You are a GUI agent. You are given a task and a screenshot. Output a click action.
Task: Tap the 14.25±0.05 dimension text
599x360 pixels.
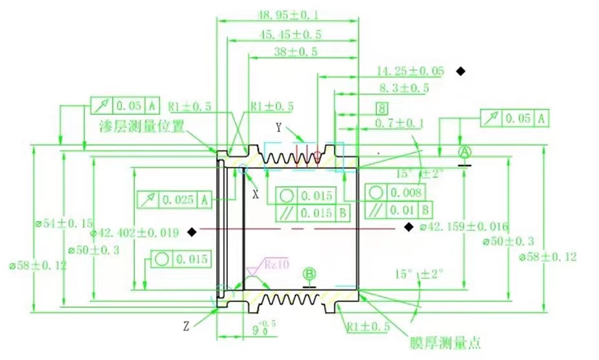coord(411,71)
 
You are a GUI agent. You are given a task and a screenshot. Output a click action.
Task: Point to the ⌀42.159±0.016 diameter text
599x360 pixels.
coord(463,227)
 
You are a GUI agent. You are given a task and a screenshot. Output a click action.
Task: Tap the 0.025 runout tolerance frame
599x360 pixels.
coord(174,200)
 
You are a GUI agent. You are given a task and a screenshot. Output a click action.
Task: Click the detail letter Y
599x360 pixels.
coord(279,126)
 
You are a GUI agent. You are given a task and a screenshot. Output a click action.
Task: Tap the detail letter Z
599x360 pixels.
coord(186,326)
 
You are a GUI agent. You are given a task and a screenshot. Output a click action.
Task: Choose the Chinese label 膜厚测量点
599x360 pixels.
coord(445,343)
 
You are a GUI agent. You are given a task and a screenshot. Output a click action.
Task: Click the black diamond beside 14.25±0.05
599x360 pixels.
coord(461,71)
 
